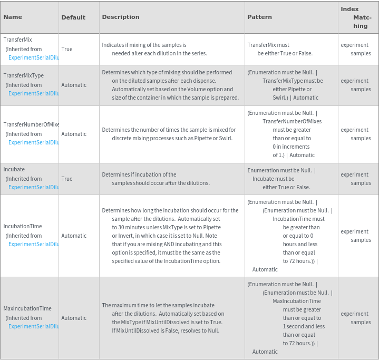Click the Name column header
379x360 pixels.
pyautogui.click(x=13, y=17)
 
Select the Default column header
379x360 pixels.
pyautogui.click(x=73, y=17)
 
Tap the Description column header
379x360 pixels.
pyautogui.click(x=121, y=17)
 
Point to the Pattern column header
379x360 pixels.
pyautogui.click(x=260, y=17)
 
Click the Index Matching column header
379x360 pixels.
pyautogui.click(x=357, y=17)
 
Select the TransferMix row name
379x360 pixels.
pyautogui.click(x=18, y=40)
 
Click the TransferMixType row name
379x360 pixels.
pyautogui.click(x=24, y=75)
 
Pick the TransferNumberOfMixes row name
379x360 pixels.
pyautogui.click(x=31, y=124)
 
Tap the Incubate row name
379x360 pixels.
pyautogui.click(x=14, y=169)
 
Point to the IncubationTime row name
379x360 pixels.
pyautogui.click(x=23, y=226)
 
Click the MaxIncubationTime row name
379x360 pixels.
pyautogui.click(x=27, y=308)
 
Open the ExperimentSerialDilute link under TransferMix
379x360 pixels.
pyautogui.click(x=33, y=57)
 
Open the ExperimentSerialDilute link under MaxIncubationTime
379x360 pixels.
pyautogui.click(x=33, y=326)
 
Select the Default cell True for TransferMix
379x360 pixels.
pyautogui.click(x=67, y=49)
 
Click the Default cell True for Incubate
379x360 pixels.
pyautogui.click(x=67, y=179)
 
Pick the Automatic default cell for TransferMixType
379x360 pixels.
pyautogui.click(x=74, y=85)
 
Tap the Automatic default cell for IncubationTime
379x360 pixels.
pyautogui.click(x=74, y=236)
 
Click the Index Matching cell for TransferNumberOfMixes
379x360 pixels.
pyautogui.click(x=356, y=134)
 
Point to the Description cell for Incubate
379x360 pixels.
pyautogui.click(x=156, y=179)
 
